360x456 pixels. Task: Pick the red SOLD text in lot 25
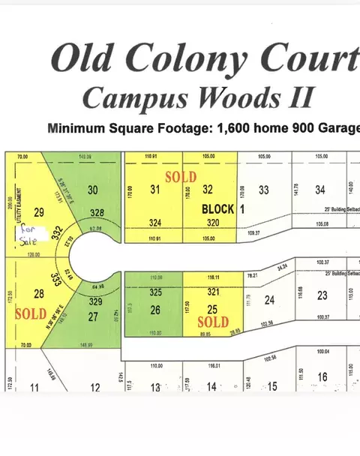click(212, 322)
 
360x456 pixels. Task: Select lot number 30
click(93, 190)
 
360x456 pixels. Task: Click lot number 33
click(263, 190)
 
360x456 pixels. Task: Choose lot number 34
click(320, 190)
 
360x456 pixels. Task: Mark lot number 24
click(270, 300)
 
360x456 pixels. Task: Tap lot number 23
click(322, 295)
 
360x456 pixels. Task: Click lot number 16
click(322, 376)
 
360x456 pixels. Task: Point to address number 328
click(93, 212)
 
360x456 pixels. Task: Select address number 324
click(155, 223)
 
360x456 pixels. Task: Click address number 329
click(94, 301)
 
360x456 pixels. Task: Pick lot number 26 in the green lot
click(155, 308)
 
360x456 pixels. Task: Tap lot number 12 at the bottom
click(95, 388)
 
